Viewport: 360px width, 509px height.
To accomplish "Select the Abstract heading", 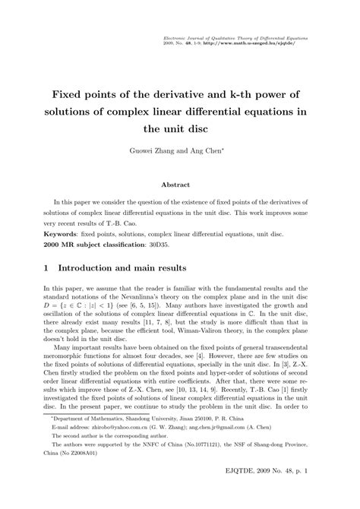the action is pos(179,184).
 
